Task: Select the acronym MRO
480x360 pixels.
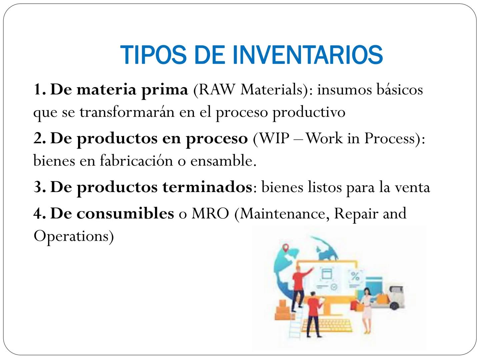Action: (x=210, y=214)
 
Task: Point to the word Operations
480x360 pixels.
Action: (x=73, y=236)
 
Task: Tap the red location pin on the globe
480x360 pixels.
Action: (x=285, y=248)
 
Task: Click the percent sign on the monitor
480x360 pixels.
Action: (x=355, y=276)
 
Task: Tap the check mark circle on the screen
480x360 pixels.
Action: (x=334, y=287)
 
